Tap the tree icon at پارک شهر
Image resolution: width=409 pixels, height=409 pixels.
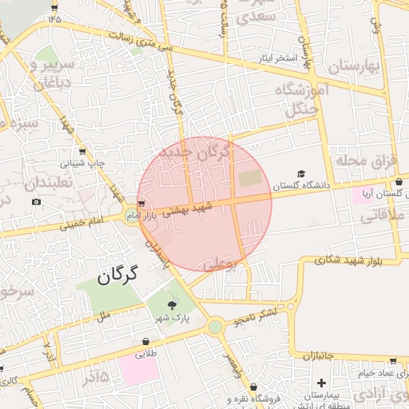[x=173, y=304]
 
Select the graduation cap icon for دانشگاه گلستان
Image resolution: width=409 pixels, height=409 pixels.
[x=301, y=173]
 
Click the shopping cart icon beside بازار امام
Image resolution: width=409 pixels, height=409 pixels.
[x=141, y=204]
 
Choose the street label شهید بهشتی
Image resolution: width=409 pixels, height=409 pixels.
[x=189, y=209]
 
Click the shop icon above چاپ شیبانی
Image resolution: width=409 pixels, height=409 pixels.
[x=83, y=151]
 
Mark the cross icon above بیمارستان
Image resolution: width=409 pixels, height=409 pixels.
[x=320, y=383]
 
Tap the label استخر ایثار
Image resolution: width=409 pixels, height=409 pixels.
[x=275, y=58]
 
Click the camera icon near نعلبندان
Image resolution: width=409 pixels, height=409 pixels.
[x=36, y=202]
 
